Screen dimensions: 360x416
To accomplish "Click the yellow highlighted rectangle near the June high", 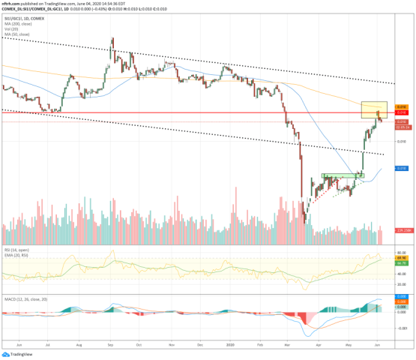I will point(374,109).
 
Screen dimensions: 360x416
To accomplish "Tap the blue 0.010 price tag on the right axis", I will point(401,169).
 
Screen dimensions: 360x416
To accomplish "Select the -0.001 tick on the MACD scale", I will point(401,328).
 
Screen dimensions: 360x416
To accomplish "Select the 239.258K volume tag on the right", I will point(401,229).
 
